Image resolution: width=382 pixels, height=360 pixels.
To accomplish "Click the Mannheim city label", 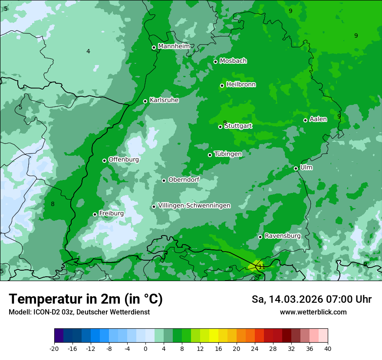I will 174,46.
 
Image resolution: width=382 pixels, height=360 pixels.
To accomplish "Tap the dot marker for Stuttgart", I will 221,127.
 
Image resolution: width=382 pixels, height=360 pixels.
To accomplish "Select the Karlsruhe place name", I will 164,100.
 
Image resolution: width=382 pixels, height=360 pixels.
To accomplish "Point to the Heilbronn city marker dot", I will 222,85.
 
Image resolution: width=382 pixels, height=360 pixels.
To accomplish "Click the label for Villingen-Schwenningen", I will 194,206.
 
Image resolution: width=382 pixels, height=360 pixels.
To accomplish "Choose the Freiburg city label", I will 112,213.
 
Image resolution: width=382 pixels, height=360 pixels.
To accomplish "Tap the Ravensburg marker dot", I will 260,237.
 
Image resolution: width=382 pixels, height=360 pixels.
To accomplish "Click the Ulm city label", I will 306,167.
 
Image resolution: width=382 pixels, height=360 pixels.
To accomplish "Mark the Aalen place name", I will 318,119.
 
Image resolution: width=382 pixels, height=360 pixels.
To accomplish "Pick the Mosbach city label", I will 233,61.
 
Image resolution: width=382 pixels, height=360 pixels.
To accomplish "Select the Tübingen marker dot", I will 210,155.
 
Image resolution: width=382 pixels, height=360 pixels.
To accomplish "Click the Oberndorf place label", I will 184,180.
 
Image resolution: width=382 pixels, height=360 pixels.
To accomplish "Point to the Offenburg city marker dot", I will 105,160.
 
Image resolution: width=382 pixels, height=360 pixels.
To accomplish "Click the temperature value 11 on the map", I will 262,267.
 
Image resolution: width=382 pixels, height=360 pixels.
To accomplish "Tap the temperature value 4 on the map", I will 88,51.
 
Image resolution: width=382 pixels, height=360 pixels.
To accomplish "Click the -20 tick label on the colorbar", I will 54,348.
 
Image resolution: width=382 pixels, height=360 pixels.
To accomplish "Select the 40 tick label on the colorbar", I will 328,348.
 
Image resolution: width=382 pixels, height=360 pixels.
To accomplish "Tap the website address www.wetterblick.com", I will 313,312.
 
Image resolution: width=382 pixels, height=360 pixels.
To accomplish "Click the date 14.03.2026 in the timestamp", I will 295,299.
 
